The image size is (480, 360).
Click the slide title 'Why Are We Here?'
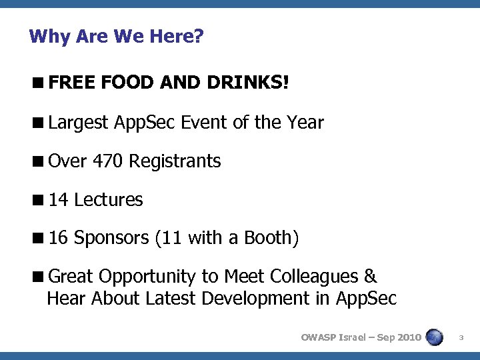tap(116, 36)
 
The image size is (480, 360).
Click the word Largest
tap(78, 123)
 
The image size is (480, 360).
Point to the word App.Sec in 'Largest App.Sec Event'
tap(145, 123)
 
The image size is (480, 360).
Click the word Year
tap(303, 123)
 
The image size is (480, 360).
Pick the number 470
tap(108, 161)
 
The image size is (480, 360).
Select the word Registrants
tap(175, 161)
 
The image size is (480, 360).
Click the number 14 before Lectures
tap(59, 200)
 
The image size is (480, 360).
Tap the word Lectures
tap(109, 200)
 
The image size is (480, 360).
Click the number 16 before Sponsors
tap(59, 238)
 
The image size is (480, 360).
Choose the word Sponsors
tap(111, 238)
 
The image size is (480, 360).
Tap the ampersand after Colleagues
tap(371, 277)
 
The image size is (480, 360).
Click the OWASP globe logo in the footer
tap(435, 337)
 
